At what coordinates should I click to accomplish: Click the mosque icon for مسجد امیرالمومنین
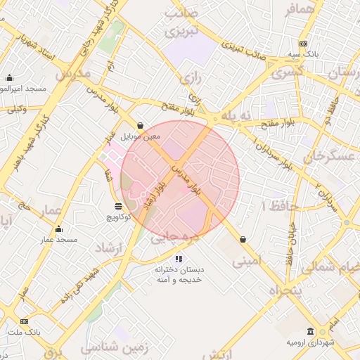[x=9, y=78]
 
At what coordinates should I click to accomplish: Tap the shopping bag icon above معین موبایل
[x=141, y=126]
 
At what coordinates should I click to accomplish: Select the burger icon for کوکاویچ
[x=118, y=206]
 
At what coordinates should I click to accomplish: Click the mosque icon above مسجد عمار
[x=58, y=229]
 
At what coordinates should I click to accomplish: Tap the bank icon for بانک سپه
[x=303, y=44]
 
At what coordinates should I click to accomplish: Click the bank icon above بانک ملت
[x=13, y=320]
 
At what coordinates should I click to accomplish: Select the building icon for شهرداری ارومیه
[x=310, y=331]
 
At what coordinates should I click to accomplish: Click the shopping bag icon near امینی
[x=243, y=239]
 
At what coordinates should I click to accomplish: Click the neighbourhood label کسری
[x=288, y=73]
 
